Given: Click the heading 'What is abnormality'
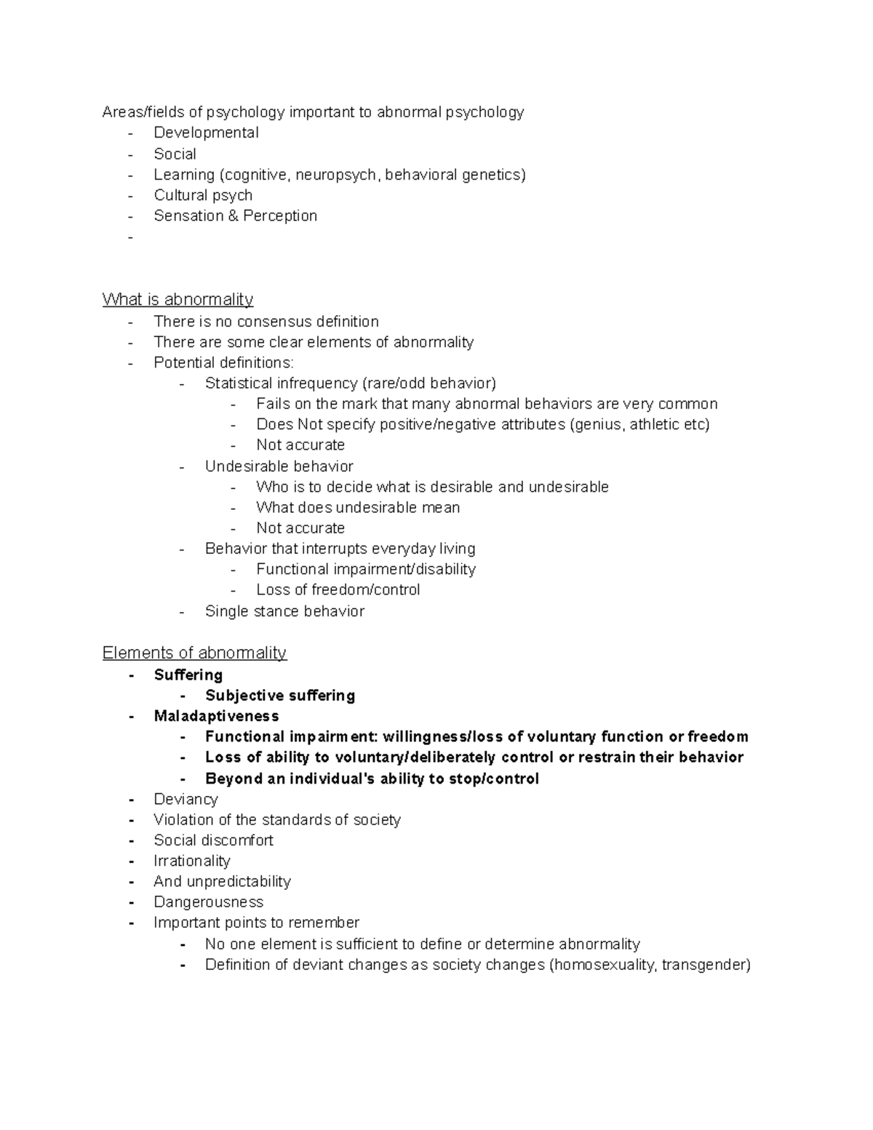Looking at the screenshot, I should click(x=178, y=299).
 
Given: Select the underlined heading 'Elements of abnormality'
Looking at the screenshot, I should click(x=194, y=653).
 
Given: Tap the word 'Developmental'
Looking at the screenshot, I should click(x=206, y=132).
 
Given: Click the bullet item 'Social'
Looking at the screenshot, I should click(x=175, y=154).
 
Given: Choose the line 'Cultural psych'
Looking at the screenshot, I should click(x=203, y=195).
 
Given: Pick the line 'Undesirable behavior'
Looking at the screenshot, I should click(x=279, y=466).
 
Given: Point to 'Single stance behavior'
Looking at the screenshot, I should click(x=284, y=611).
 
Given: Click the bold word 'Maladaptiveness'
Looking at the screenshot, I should click(x=216, y=716).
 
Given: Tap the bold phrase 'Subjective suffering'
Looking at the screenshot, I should click(x=280, y=696).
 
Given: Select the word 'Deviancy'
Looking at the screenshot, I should click(x=186, y=799).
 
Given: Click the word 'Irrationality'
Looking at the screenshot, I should click(x=192, y=861).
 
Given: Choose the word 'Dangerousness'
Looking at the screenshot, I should click(x=208, y=902).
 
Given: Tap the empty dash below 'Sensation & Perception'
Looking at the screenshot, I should click(x=131, y=237).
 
